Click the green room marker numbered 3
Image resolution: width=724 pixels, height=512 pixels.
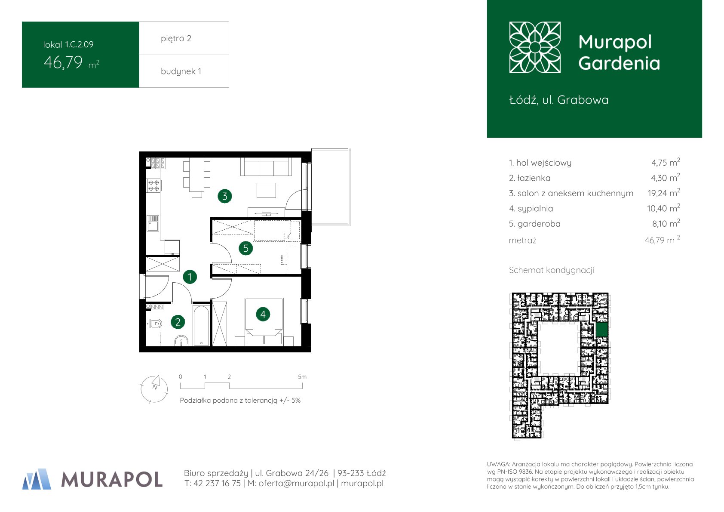pyautogui.click(x=224, y=196)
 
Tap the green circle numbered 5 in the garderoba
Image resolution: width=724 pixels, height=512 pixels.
pyautogui.click(x=245, y=248)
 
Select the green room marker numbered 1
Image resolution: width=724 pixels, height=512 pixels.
pyautogui.click(x=190, y=277)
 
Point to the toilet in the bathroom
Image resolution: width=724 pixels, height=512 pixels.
pyautogui.click(x=154, y=323)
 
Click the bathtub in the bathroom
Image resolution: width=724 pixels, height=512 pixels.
pyautogui.click(x=201, y=325)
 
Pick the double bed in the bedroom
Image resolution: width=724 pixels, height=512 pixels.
pyautogui.click(x=264, y=321)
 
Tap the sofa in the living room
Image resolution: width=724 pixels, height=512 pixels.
pyautogui.click(x=266, y=167)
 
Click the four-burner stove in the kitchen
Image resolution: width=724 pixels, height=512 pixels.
pyautogui.click(x=154, y=185)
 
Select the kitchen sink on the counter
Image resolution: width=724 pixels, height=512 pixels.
pyautogui.click(x=153, y=223)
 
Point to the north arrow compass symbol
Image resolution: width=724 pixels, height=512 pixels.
pyautogui.click(x=154, y=389)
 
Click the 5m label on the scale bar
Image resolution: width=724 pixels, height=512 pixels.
pyautogui.click(x=302, y=377)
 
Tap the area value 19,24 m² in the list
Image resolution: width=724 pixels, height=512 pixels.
pyautogui.click(x=663, y=193)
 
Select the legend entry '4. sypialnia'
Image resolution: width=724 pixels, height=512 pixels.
pyautogui.click(x=531, y=209)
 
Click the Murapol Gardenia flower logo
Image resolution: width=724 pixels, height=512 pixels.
pyautogui.click(x=535, y=47)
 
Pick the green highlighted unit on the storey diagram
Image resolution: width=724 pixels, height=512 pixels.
pyautogui.click(x=602, y=330)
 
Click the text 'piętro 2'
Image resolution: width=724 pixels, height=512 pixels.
pyautogui.click(x=176, y=38)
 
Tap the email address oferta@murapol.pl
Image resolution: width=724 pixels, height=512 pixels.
pyautogui.click(x=296, y=483)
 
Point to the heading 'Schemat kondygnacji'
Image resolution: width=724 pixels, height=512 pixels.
pyautogui.click(x=552, y=270)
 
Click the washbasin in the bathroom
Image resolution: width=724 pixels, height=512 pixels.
pyautogui.click(x=181, y=341)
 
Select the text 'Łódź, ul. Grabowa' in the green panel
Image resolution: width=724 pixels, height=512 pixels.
pyautogui.click(x=559, y=100)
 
